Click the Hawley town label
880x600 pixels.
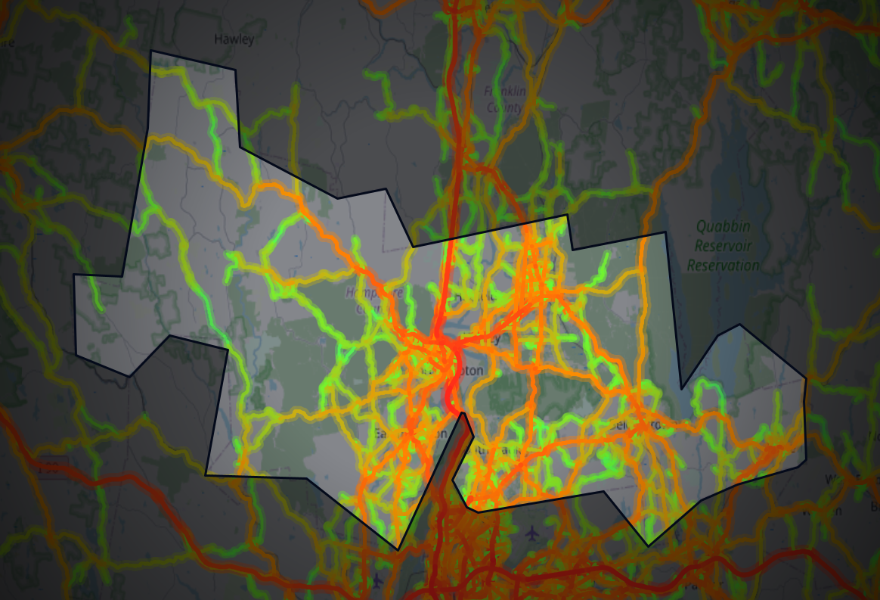point(234,39)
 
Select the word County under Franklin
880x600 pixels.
point(504,107)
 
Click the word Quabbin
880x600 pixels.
point(722,226)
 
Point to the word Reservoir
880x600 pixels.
point(722,246)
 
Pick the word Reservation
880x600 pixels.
point(723,266)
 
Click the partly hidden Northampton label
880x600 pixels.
point(463,370)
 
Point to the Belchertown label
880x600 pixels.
point(639,424)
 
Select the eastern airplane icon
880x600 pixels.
point(534,533)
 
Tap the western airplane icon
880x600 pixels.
point(377,581)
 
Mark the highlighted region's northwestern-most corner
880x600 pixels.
point(152,51)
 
